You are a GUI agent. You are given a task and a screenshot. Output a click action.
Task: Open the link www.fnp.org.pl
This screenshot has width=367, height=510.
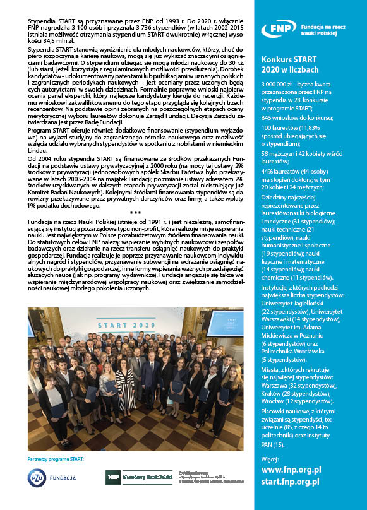[291, 470]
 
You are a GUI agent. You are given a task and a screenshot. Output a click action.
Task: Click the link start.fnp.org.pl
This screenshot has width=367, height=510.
[290, 482]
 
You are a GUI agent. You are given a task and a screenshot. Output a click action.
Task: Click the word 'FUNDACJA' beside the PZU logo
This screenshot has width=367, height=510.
[63, 478]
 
